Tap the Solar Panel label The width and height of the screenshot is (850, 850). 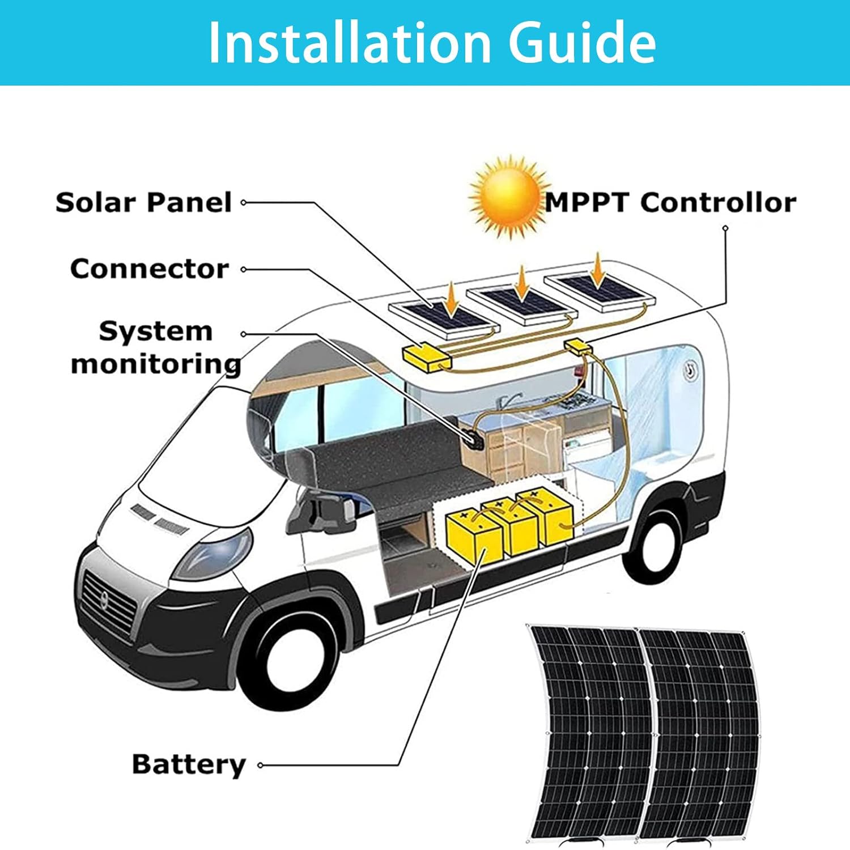[x=144, y=202]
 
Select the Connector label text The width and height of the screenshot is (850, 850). [x=150, y=269]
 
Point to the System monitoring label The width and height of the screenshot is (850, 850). [x=156, y=347]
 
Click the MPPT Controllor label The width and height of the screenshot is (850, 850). [x=670, y=202]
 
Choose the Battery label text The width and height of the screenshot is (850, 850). [x=189, y=764]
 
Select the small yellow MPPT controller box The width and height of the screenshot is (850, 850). [x=578, y=346]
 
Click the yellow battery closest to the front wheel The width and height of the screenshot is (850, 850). [x=474, y=536]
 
